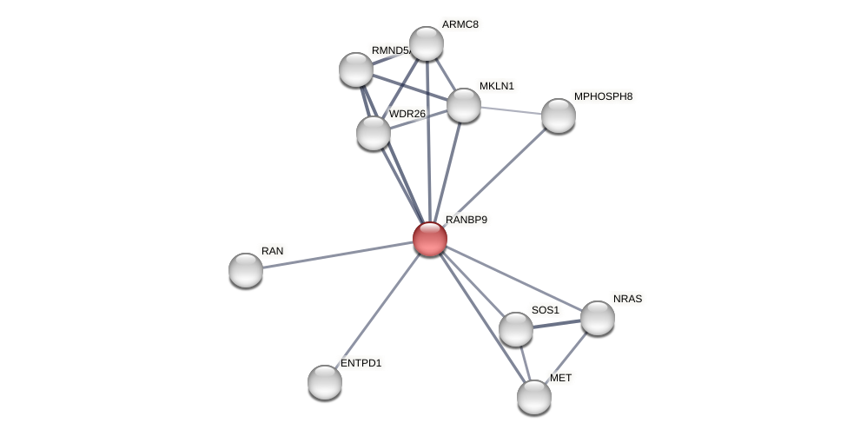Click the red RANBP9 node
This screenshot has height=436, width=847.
point(429,239)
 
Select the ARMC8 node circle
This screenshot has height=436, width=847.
point(426,43)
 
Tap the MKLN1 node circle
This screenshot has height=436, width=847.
point(463,105)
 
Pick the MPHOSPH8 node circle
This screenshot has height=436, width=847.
point(558,116)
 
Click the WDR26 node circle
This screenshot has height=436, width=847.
point(374,133)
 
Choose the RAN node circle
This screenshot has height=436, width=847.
point(246,270)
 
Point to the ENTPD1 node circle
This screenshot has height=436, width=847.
point(325,382)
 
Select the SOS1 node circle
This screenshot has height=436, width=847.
point(516,329)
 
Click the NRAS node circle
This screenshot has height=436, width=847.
point(598,318)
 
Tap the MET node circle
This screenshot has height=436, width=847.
point(534,397)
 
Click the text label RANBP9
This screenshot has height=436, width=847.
point(467,220)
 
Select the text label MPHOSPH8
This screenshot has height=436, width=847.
point(603,96)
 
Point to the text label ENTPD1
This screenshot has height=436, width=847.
point(361,363)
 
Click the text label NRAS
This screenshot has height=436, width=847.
point(627,299)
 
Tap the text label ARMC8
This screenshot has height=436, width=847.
point(460,24)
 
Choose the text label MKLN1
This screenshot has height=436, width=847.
point(497,86)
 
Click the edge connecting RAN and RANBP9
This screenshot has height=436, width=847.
point(339,254)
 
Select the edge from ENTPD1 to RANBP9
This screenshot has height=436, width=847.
point(377,310)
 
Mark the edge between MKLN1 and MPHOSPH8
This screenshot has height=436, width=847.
point(511,110)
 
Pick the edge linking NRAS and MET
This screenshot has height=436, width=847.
point(566,357)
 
